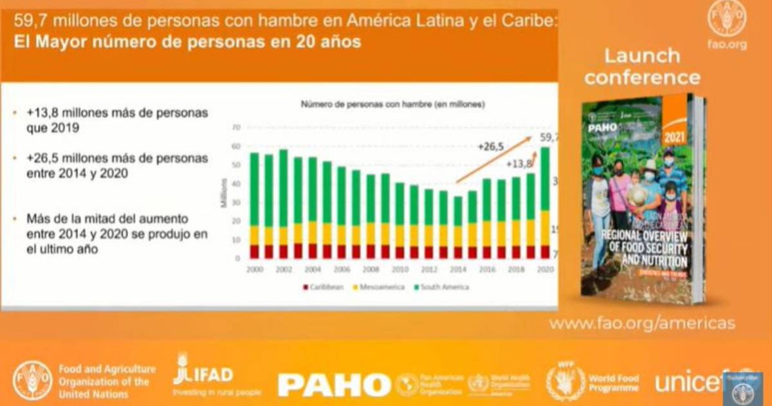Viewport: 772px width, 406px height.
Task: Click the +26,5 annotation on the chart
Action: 490,146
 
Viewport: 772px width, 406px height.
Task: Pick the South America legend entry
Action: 443,287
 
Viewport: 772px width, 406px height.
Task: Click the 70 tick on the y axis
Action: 236,128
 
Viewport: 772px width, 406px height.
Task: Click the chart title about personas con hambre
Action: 392,104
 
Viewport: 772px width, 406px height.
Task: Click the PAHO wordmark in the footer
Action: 333,385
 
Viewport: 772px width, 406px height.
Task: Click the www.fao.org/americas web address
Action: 641,324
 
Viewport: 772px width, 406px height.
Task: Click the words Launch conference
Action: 641,66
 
